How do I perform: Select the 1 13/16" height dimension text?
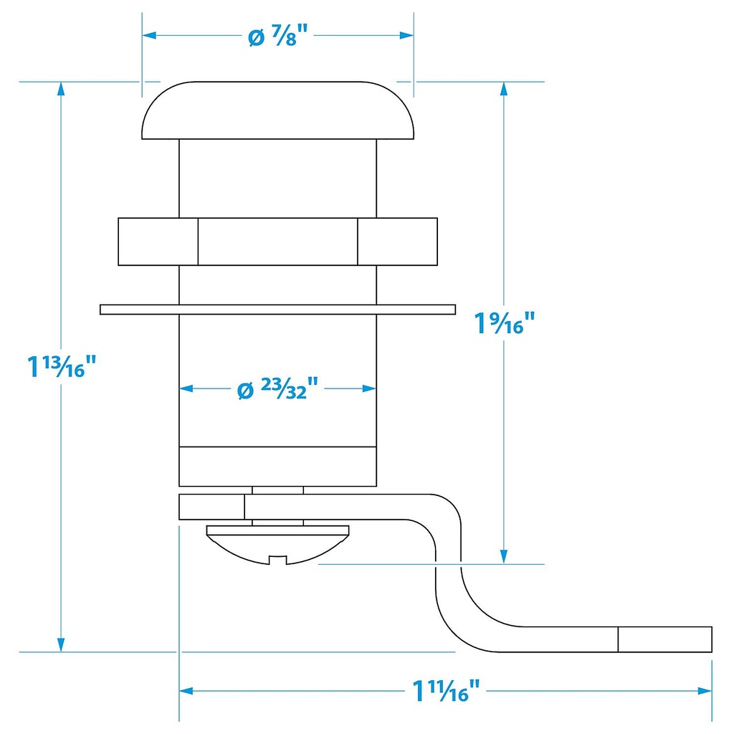click(x=62, y=367)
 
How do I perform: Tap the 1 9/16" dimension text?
click(x=505, y=323)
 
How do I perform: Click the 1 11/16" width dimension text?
click(x=445, y=692)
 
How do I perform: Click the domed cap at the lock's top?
click(x=278, y=111)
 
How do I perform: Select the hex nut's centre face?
click(x=278, y=242)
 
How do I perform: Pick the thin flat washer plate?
click(x=278, y=309)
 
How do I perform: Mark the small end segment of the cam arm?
click(x=664, y=639)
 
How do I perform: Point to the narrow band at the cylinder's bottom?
click(x=278, y=466)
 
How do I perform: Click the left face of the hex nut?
click(x=158, y=242)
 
